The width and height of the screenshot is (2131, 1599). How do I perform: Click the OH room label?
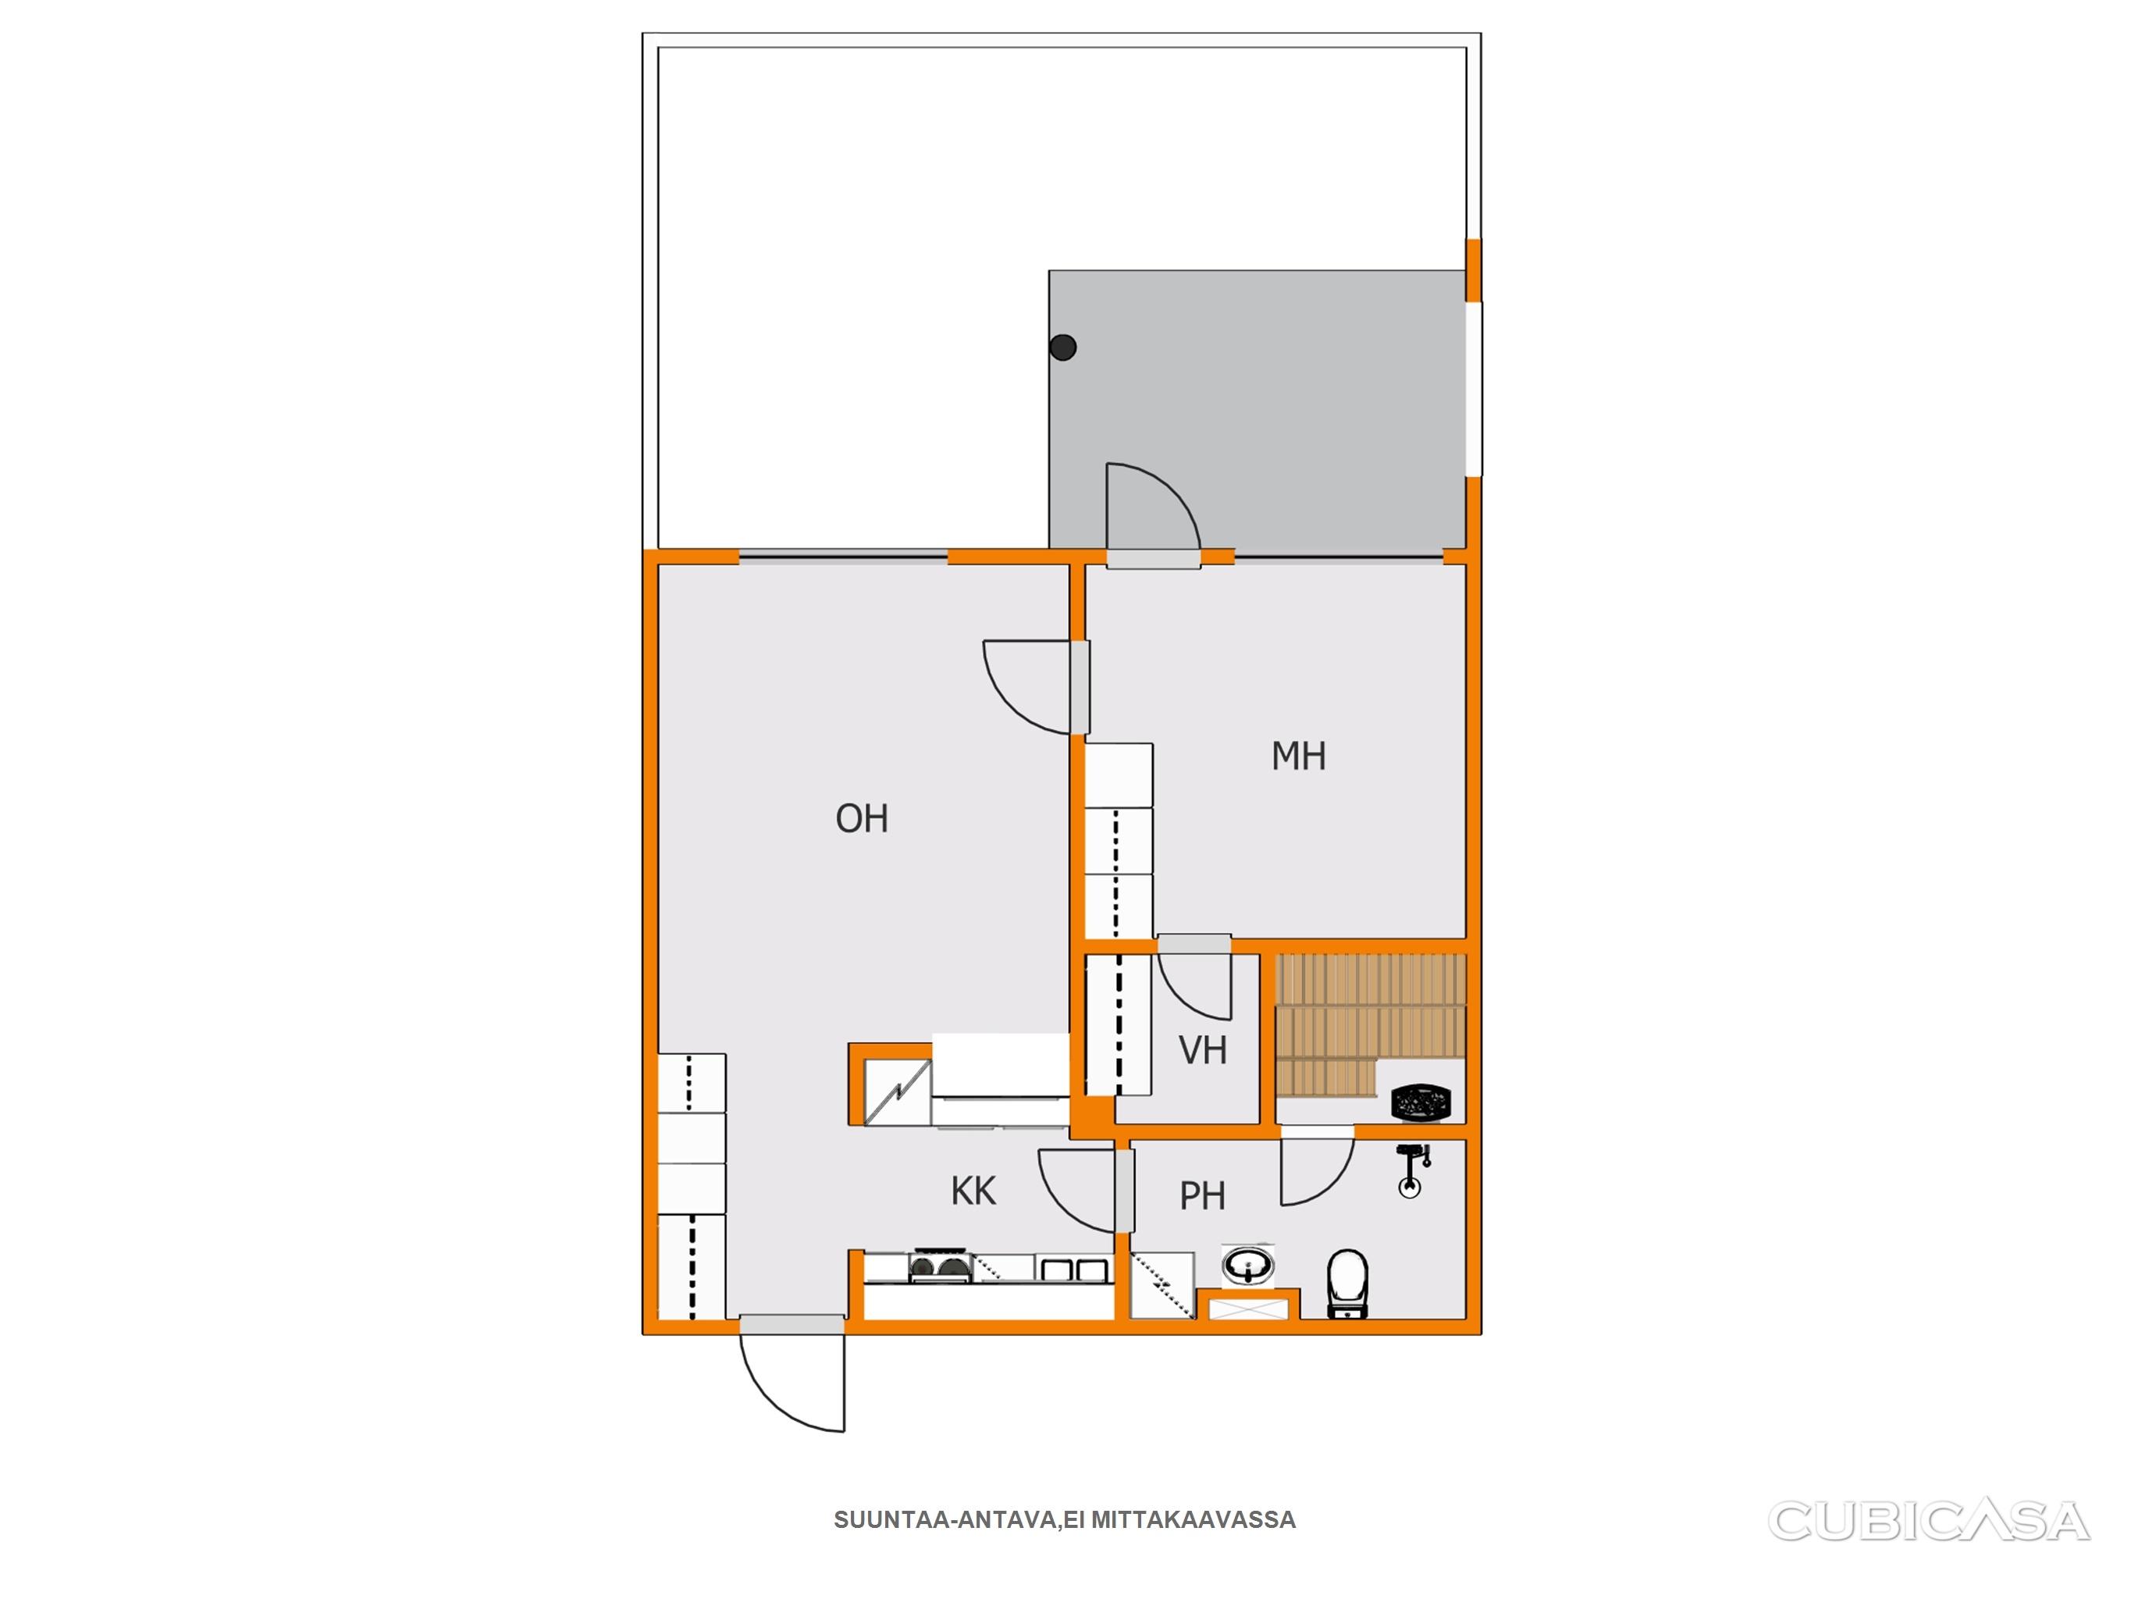coord(861,818)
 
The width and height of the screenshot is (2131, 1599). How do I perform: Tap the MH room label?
coord(1299,757)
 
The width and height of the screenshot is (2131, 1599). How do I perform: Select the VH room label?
coord(1203,1051)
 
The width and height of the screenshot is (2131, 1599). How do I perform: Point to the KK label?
coord(973,1191)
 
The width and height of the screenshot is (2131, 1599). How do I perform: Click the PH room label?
coord(1202,1196)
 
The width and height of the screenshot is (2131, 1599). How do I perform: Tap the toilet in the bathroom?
coord(1348,1283)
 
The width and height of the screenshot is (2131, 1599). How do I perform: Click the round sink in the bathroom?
coord(1248,1266)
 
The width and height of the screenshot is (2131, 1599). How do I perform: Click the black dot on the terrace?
coord(1062,347)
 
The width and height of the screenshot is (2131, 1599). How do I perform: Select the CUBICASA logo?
coord(1929,1522)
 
